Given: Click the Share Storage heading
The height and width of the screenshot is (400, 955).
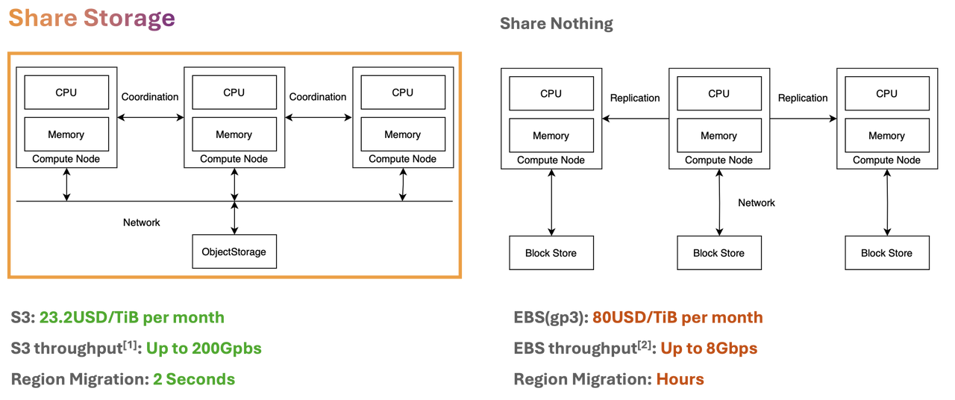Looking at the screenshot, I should tap(92, 20).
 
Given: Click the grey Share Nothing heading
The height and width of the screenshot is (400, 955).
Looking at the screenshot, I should tap(556, 24).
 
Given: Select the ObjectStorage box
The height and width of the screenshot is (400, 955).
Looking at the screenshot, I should tap(234, 251).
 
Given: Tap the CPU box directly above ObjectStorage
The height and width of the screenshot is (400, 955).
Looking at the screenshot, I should tap(234, 93).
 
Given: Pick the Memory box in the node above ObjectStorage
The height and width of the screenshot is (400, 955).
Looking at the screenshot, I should tap(234, 134).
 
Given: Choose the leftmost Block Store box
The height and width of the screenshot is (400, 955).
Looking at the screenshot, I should tap(551, 253).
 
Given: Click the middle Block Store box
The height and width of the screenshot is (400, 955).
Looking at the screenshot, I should tap(718, 253).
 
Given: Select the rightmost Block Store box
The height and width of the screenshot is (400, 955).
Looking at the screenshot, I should tap(886, 253).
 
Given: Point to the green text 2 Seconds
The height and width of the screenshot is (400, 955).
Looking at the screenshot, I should tap(194, 379).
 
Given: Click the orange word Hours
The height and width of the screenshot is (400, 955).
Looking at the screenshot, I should tap(680, 379).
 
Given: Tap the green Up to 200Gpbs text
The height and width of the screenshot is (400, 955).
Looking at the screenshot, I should tap(204, 349).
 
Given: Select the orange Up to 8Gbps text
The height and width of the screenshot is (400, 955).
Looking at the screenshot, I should tap(709, 349).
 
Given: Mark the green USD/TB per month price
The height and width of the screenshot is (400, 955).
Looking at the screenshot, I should tap(132, 318).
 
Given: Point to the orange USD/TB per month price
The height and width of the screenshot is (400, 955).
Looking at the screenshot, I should tap(677, 318).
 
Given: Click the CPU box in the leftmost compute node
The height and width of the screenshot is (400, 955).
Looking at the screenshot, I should tap(66, 93).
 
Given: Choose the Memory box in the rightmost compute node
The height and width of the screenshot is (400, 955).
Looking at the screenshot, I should tap(886, 136).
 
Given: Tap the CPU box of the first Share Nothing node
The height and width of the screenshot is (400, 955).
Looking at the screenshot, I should tap(551, 93).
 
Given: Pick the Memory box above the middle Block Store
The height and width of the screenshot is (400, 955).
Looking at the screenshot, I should tap(718, 136).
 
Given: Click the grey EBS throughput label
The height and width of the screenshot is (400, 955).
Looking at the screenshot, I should tap(583, 349).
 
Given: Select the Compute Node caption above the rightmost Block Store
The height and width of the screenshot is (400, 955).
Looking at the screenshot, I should tap(886, 160).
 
